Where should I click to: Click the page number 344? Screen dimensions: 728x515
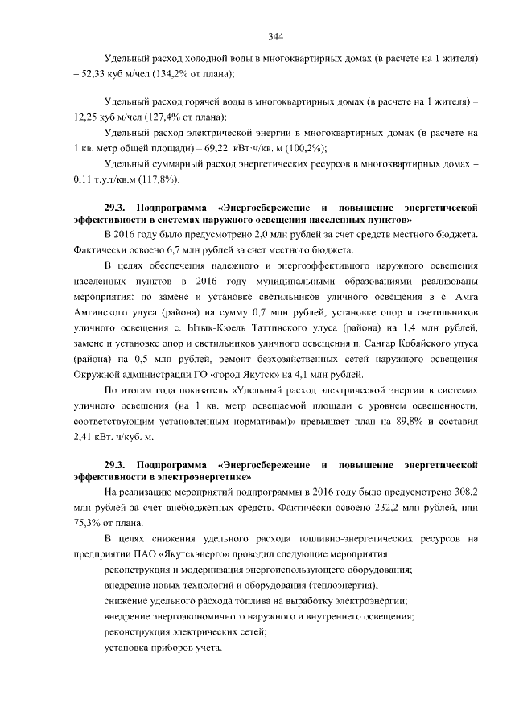276,37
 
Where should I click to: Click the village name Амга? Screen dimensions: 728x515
465,296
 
